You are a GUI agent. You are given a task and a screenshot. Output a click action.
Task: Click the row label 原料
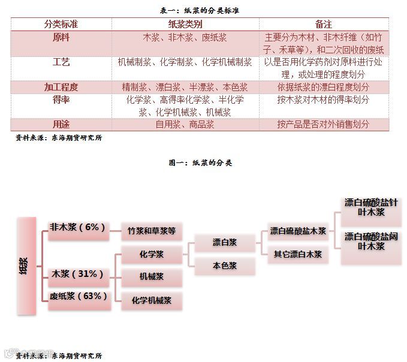61,37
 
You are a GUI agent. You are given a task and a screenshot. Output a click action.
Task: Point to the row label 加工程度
61,87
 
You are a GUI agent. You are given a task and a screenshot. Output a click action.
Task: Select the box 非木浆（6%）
78,228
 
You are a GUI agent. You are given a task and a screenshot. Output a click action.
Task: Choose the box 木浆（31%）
79,274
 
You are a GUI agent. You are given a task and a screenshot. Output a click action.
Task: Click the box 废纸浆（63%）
79,296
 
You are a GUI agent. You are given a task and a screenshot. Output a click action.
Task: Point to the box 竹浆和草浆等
151,231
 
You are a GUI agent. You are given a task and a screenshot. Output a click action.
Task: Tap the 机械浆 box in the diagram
151,277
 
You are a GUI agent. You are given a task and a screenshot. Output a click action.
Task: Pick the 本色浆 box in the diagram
225,265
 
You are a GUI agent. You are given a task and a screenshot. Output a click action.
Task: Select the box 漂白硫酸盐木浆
298,231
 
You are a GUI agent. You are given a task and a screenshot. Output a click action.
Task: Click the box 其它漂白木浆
298,254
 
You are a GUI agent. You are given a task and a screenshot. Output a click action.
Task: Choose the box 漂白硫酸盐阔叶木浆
371,242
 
